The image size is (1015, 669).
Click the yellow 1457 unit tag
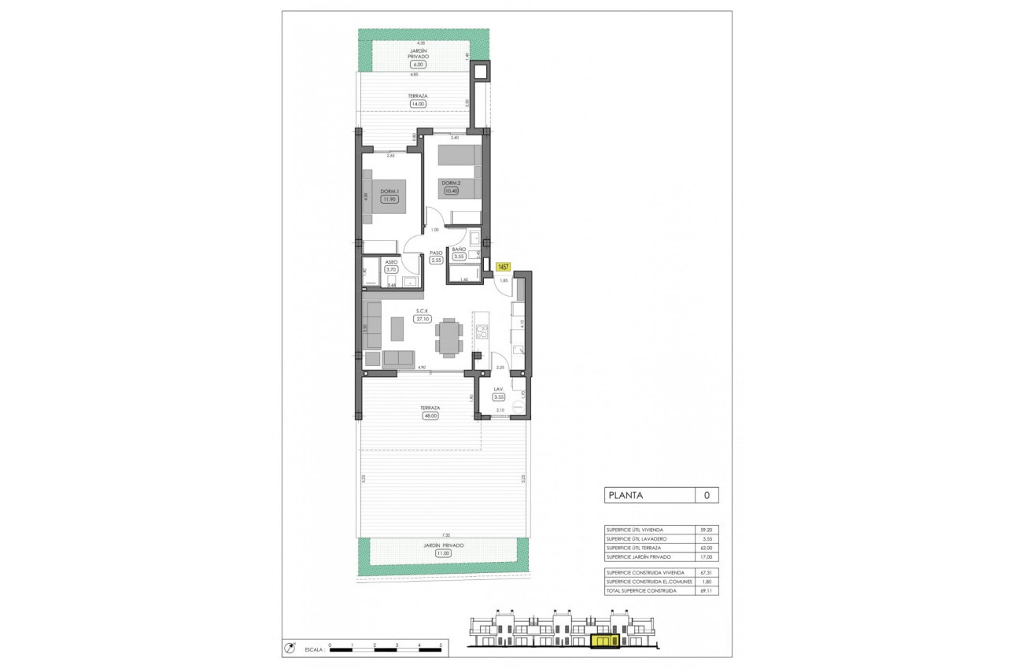504,268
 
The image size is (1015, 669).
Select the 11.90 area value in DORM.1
389,199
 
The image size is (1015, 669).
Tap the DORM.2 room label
450,183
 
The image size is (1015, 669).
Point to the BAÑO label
460,249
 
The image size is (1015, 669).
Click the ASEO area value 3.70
391,269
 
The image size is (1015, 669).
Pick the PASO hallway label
436,253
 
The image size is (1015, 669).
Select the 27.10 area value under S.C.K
423,319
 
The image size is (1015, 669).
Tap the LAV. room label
498,390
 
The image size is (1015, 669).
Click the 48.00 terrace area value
430,416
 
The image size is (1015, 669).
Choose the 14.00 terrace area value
417,103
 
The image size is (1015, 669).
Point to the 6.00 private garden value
417,65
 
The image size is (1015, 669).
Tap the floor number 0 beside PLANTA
707,496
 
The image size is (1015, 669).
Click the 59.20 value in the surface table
706,530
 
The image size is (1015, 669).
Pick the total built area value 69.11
706,590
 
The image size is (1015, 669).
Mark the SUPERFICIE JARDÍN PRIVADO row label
639,556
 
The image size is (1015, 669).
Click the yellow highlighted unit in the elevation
603,642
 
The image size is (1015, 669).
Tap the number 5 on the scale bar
441,645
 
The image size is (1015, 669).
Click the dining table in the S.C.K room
448,337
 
